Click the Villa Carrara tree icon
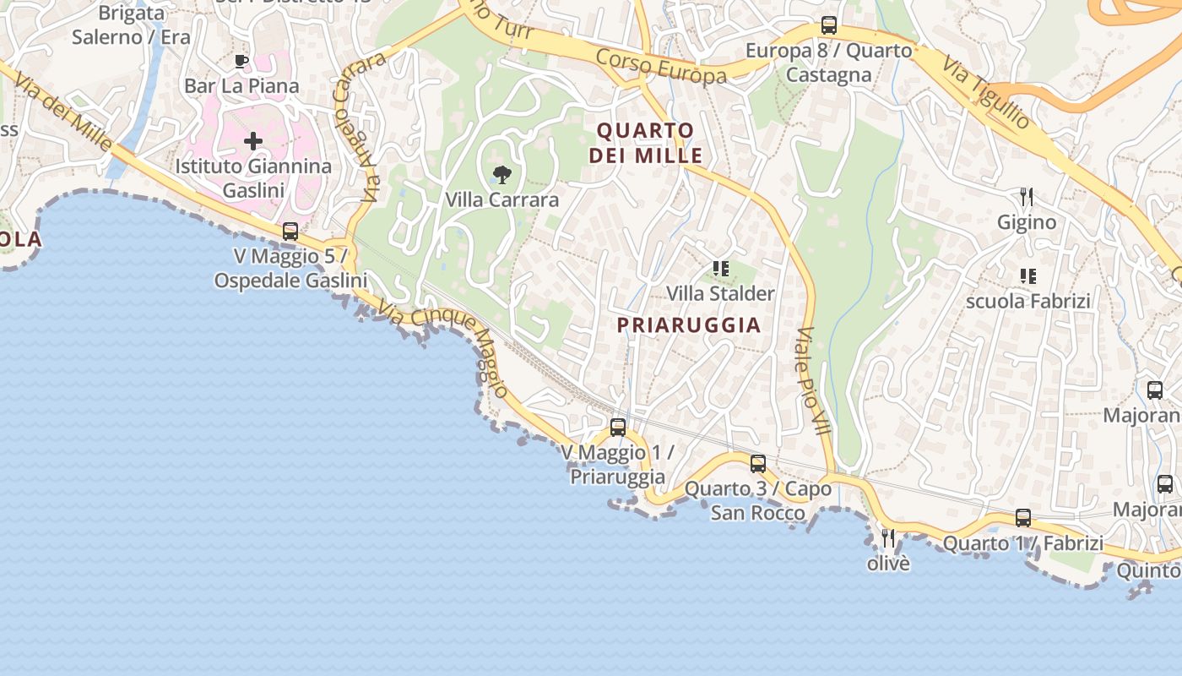click(502, 175)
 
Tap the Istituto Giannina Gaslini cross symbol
click(253, 141)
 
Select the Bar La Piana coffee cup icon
click(241, 61)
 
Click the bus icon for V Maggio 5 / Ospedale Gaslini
click(290, 231)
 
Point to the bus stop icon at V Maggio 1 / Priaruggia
click(618, 428)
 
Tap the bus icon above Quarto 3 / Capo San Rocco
click(758, 463)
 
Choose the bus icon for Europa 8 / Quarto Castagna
click(829, 25)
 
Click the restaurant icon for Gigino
click(1027, 197)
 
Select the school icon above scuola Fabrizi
click(1028, 275)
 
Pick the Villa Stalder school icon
click(720, 269)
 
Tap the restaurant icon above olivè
click(888, 537)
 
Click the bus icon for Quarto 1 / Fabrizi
click(1023, 517)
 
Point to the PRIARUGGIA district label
click(689, 325)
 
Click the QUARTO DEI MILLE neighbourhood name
click(646, 143)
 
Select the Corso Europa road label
click(661, 66)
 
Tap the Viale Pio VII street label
click(814, 381)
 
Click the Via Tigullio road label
click(987, 94)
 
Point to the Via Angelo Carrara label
click(358, 127)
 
